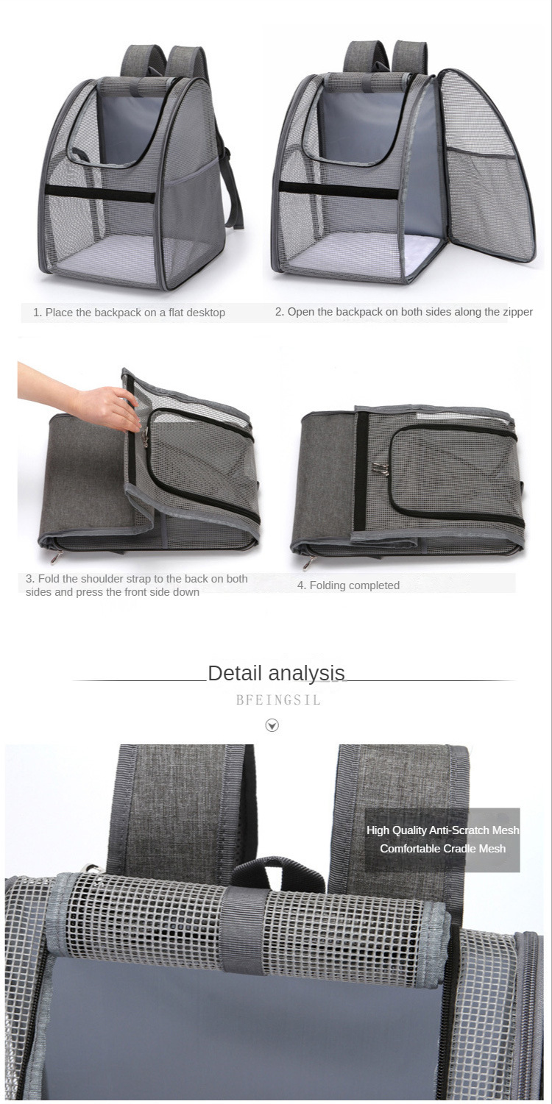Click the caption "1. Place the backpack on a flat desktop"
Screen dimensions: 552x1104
tap(129, 313)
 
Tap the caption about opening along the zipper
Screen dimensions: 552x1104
tap(404, 312)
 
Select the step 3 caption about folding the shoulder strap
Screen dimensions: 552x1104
tap(137, 585)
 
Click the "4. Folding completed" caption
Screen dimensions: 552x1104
tap(348, 585)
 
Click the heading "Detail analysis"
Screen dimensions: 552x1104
tap(276, 673)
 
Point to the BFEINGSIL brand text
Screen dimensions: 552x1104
tap(278, 700)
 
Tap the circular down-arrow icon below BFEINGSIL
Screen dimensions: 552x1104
tap(272, 725)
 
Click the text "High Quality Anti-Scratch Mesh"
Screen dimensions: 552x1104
tap(442, 830)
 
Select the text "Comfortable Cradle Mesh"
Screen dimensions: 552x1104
tap(442, 849)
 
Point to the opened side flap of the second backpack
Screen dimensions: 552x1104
tap(486, 165)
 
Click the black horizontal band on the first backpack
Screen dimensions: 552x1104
tap(99, 193)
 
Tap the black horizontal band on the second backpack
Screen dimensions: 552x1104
tap(339, 190)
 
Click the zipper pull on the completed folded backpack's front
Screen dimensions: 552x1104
tap(380, 469)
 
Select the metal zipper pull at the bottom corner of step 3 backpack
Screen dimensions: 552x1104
tap(56, 557)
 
